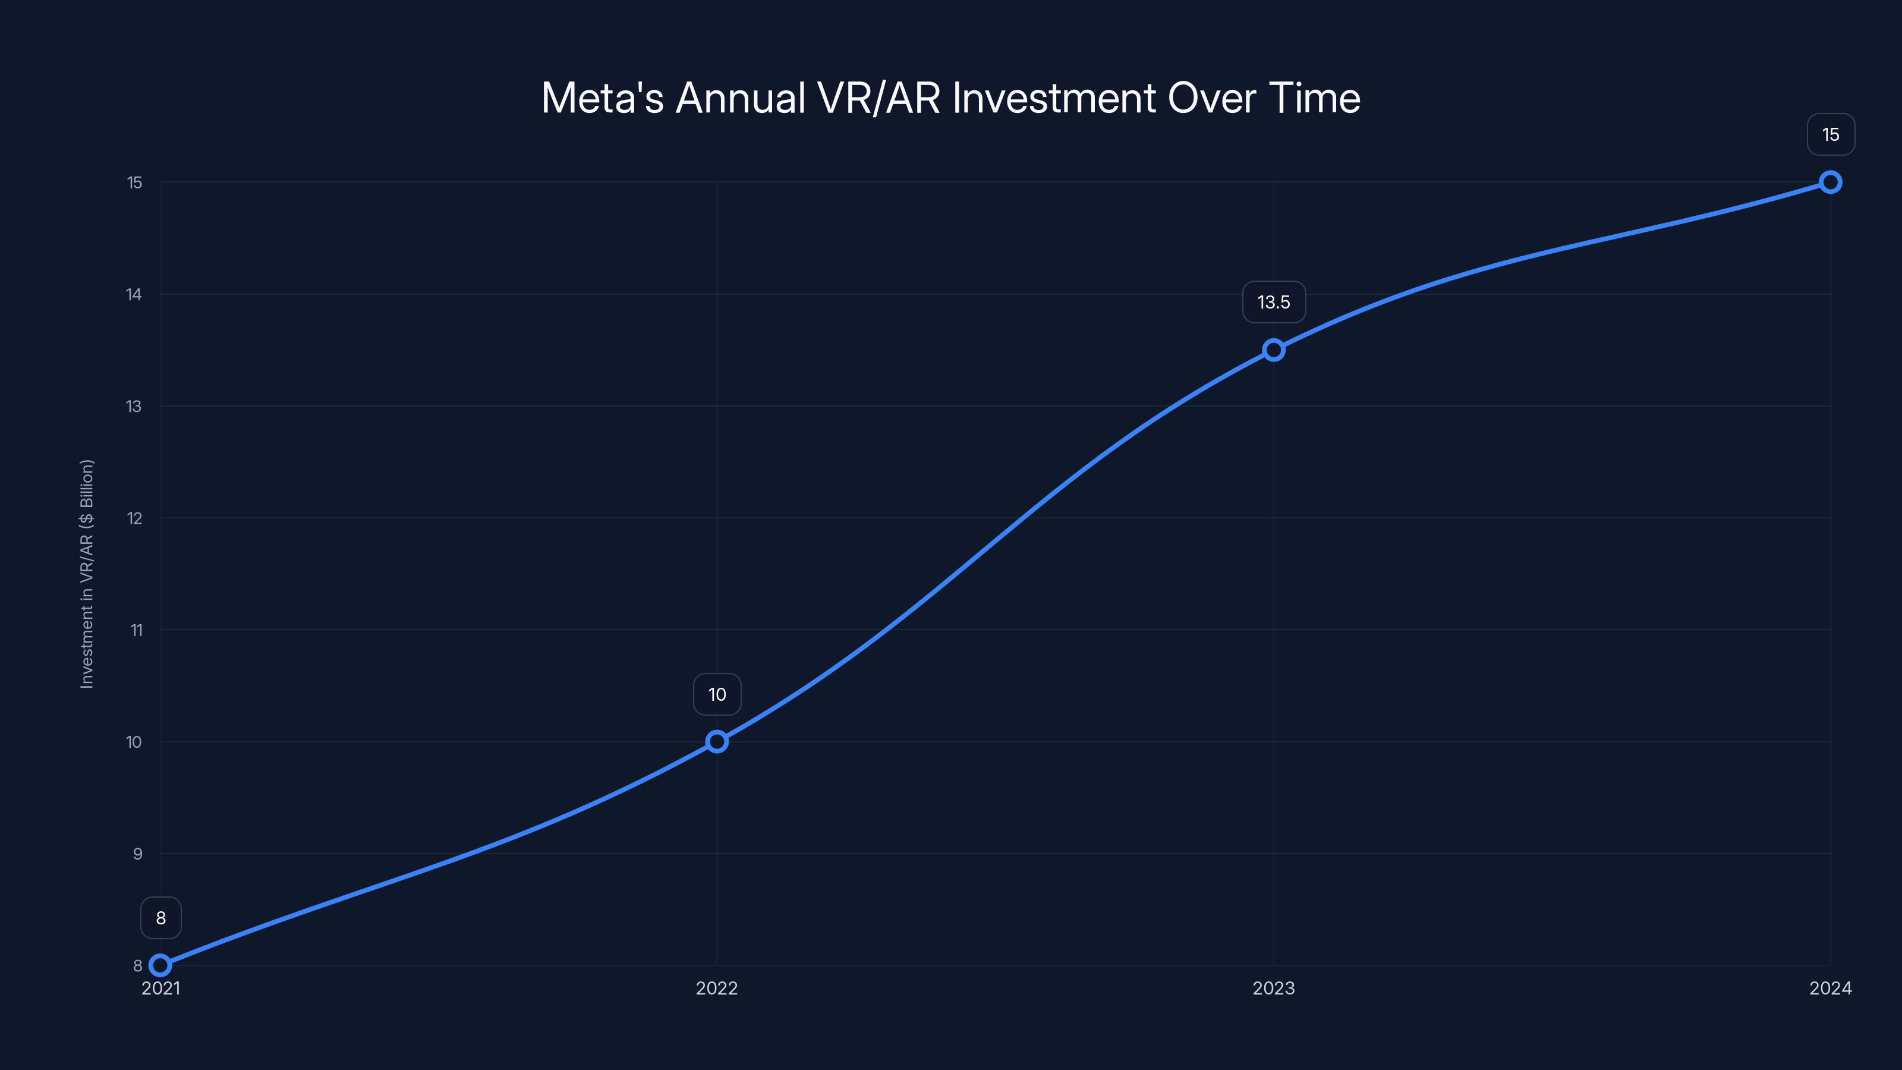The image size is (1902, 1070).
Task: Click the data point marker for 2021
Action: (x=160, y=965)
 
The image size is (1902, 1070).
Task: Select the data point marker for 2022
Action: (x=717, y=741)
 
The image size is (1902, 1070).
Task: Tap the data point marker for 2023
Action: (x=1274, y=350)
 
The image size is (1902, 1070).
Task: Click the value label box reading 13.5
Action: (x=1274, y=302)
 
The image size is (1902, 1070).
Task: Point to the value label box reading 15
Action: (x=1831, y=134)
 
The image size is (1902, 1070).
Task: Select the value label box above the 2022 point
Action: (x=717, y=694)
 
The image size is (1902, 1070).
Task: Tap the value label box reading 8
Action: (x=160, y=918)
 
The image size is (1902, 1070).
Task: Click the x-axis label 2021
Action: (x=160, y=988)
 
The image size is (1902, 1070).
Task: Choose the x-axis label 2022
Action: (x=717, y=988)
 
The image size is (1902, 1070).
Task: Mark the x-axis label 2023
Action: (x=1274, y=988)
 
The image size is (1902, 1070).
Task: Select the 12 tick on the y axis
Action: (x=134, y=518)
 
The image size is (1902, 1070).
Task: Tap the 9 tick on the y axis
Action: (x=137, y=854)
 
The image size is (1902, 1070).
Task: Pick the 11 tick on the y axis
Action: (x=136, y=630)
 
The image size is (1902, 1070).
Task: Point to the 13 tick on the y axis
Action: (x=134, y=406)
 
